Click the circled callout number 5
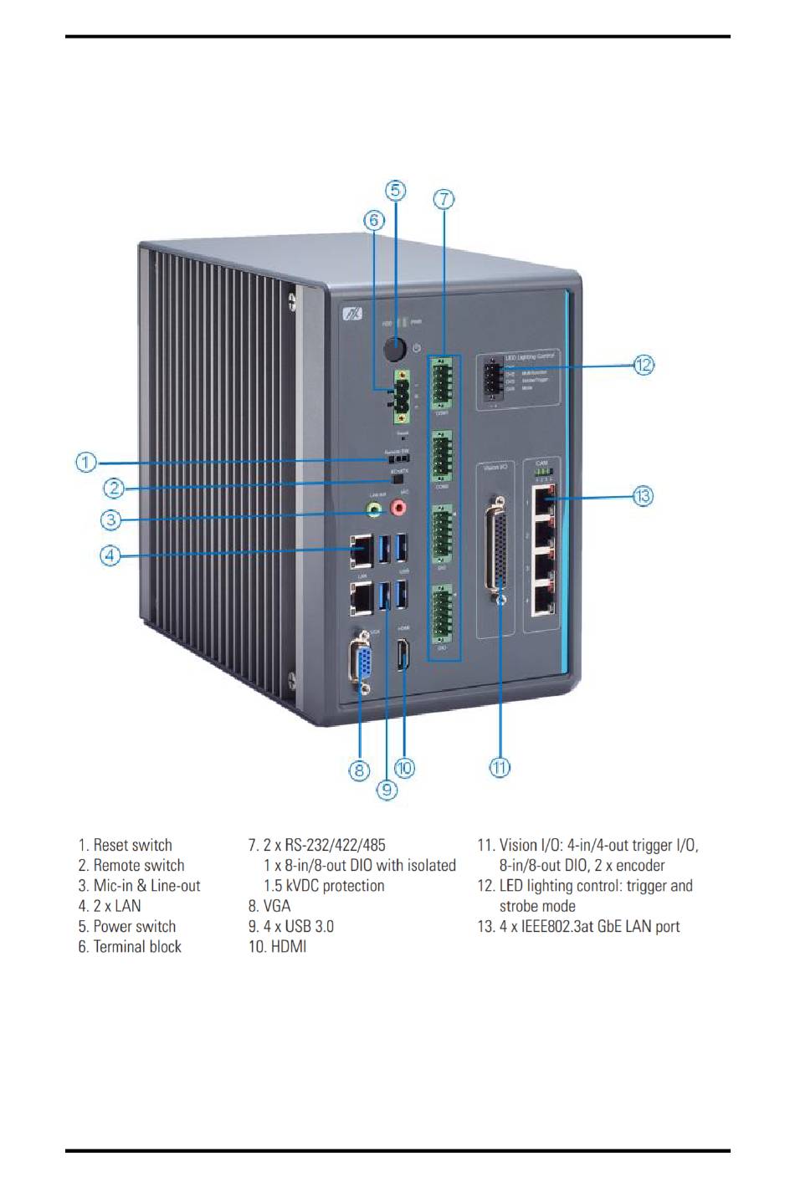(x=395, y=191)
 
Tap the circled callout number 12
(x=643, y=365)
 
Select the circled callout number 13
(x=642, y=496)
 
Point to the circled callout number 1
(x=86, y=462)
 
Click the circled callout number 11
(x=500, y=767)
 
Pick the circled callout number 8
(x=359, y=770)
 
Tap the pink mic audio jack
(x=400, y=506)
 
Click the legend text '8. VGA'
(x=269, y=906)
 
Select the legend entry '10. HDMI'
(x=277, y=947)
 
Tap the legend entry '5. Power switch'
(x=127, y=927)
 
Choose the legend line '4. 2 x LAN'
(x=110, y=906)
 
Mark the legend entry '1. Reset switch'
(x=126, y=846)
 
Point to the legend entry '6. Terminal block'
(x=130, y=947)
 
